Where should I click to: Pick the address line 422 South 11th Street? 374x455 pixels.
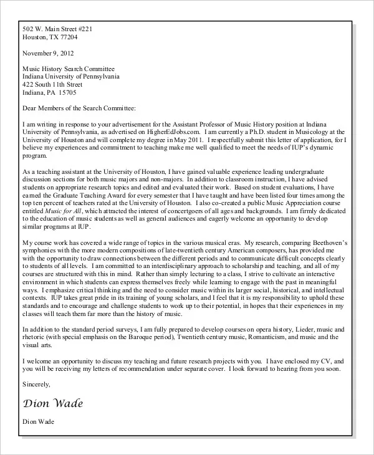pos(52,84)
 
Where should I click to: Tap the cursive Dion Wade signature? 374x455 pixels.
pos(52,403)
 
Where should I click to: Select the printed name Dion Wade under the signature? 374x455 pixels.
pos(38,422)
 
